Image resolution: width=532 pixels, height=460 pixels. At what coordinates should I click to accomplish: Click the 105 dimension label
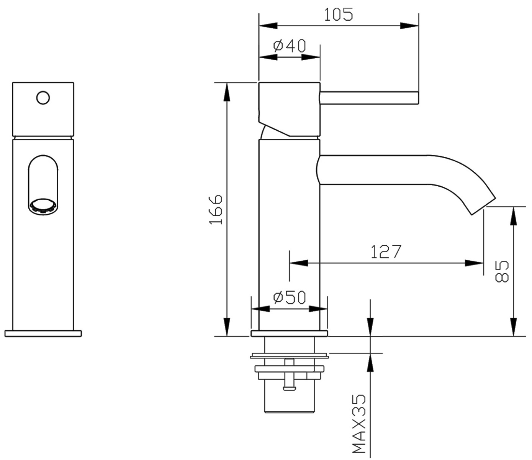tap(338, 15)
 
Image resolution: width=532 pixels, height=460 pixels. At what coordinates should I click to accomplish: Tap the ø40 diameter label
tap(290, 46)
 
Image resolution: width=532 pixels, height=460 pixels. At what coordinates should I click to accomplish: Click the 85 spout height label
tap(501, 271)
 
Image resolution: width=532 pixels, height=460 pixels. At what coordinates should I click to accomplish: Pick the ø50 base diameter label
tap(289, 297)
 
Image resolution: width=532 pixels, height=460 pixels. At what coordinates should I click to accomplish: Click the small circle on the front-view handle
tap(43, 98)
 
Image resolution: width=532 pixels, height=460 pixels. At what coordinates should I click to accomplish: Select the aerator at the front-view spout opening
tap(43, 206)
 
